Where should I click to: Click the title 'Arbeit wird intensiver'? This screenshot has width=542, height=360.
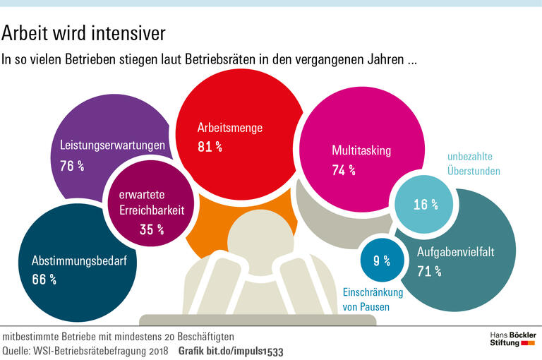(84, 33)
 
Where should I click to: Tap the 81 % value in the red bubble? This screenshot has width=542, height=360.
(210, 147)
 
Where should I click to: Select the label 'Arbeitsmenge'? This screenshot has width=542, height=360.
(230, 128)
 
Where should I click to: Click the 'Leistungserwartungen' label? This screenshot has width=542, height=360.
(113, 146)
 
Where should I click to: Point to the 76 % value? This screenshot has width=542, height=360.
(73, 167)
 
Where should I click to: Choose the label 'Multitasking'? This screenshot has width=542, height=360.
(361, 150)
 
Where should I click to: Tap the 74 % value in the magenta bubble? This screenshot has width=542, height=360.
(344, 170)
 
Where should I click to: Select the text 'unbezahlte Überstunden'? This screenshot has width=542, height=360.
(474, 164)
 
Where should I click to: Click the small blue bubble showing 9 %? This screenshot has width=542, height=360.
(382, 260)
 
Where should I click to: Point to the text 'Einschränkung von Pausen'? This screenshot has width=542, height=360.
(372, 299)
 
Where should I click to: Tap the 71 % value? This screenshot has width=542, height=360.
(428, 271)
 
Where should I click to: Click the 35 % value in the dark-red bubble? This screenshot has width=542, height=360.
(151, 229)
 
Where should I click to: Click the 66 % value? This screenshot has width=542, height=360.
(44, 280)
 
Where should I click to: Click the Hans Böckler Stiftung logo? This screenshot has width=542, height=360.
(513, 338)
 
